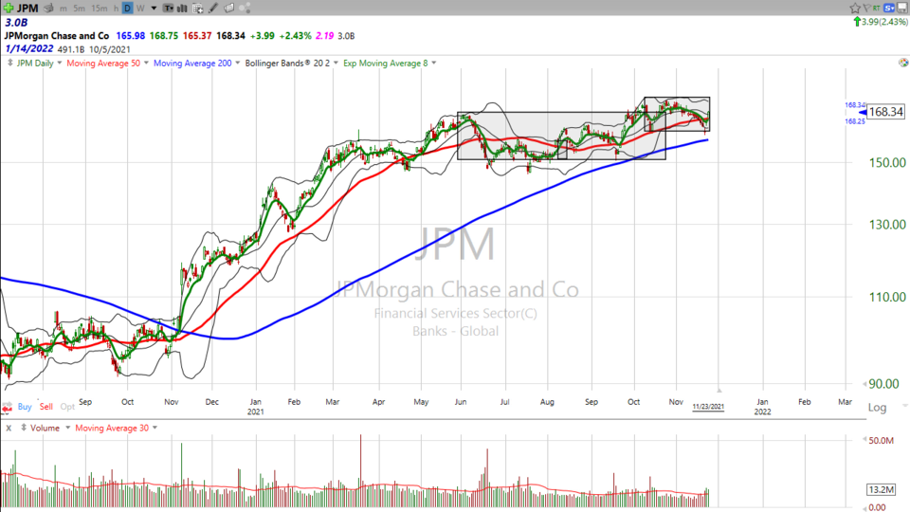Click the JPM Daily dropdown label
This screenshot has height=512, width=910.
[x=38, y=64]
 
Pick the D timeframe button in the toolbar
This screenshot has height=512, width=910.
[x=126, y=8]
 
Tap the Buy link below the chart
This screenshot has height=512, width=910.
[x=25, y=406]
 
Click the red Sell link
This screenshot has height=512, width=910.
[x=46, y=406]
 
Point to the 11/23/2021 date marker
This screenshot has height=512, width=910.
[x=708, y=406]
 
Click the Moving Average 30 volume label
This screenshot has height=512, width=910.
[x=113, y=428]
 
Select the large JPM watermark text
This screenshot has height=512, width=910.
[x=457, y=245]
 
